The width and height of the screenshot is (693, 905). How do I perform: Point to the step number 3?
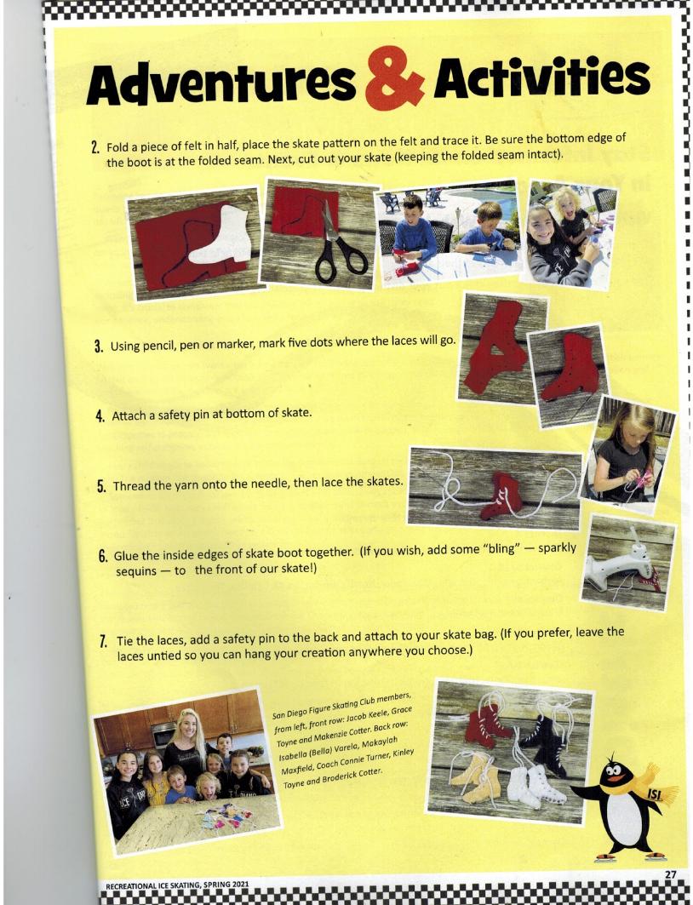(99, 347)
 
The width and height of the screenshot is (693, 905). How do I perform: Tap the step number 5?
(101, 486)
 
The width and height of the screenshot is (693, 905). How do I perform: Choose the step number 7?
(103, 641)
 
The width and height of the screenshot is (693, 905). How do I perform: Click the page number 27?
(670, 875)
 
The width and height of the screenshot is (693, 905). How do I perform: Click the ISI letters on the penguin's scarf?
(653, 794)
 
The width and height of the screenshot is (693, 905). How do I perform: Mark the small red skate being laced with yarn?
(501, 497)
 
